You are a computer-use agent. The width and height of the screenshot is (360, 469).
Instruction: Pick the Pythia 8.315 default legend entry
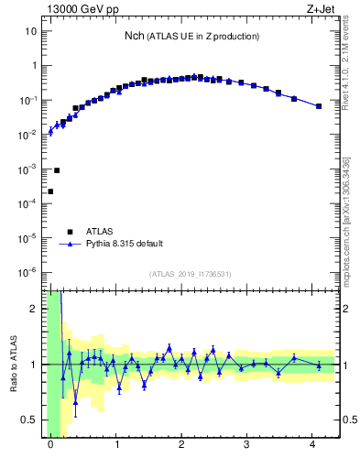tap(124, 244)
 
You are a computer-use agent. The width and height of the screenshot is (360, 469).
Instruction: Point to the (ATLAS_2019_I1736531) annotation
tap(190, 274)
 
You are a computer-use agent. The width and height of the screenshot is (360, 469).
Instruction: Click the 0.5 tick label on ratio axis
tap(30, 420)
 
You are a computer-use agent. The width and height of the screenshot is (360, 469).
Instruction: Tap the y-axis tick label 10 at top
tap(30, 31)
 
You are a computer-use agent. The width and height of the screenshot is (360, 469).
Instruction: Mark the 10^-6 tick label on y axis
tap(27, 273)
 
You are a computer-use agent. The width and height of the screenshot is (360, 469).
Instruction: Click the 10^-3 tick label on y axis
tap(27, 169)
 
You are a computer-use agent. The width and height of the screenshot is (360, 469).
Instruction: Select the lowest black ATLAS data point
tap(50, 191)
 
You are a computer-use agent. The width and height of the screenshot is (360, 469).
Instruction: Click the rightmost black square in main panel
tap(319, 106)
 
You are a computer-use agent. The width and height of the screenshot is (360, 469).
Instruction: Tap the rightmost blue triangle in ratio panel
tap(319, 365)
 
